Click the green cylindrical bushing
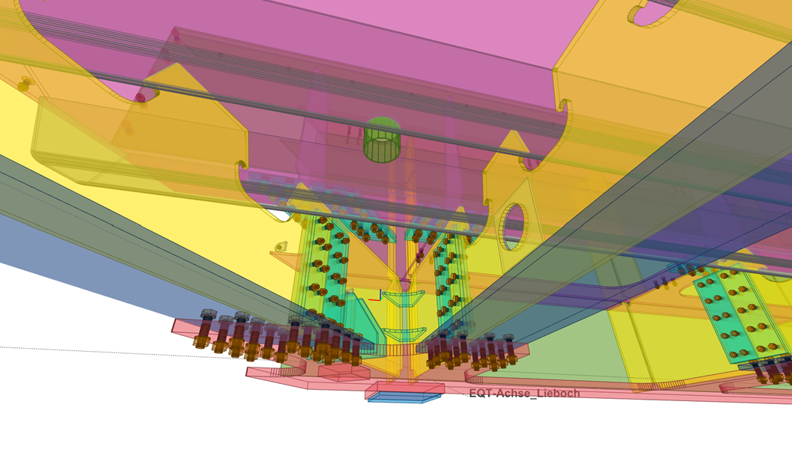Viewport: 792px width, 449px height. [382, 140]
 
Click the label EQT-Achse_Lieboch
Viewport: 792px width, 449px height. [524, 393]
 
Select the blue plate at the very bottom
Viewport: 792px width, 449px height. [403, 397]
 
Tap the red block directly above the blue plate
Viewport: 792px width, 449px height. [404, 388]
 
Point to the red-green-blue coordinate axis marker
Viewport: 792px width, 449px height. [377, 296]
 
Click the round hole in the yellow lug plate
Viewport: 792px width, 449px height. [514, 227]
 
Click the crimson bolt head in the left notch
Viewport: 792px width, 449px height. [141, 97]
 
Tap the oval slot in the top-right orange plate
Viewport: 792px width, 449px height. [650, 13]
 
